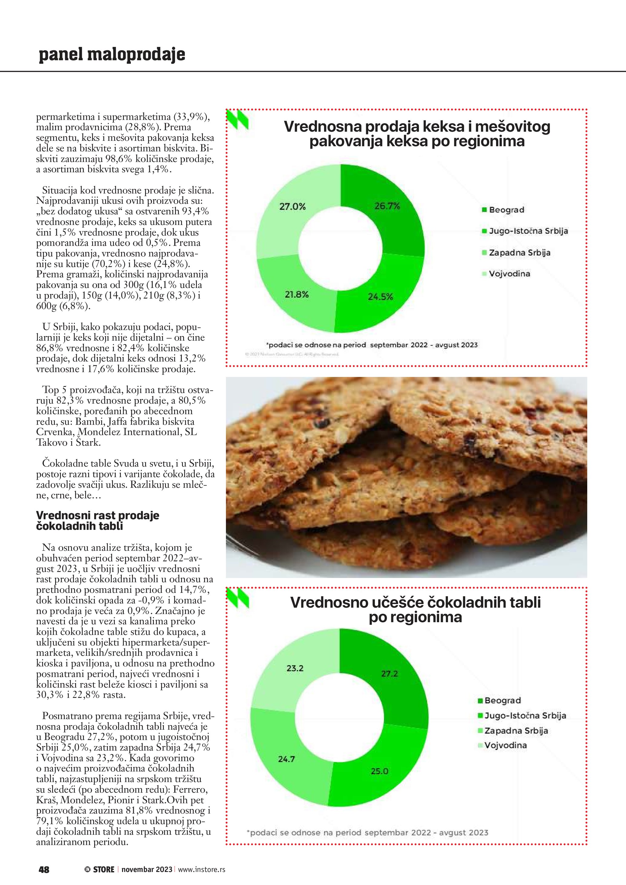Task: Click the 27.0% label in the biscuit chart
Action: pos(292,206)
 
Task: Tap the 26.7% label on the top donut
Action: pos(387,206)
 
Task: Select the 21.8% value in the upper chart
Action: pos(296,295)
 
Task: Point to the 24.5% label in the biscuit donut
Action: pos(380,297)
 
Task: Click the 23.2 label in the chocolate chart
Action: pos(295,669)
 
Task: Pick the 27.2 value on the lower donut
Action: pos(389,674)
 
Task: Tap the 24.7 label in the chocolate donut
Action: pos(287,759)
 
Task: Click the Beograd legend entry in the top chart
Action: pos(506,210)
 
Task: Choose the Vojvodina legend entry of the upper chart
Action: pos(509,274)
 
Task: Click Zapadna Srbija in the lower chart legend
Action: pos(516,730)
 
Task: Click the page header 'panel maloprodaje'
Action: pos(112,54)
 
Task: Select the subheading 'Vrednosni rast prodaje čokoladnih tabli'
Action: pos(98,521)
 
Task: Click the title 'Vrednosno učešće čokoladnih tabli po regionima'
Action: pos(415,610)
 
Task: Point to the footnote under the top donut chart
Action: pos(372,345)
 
